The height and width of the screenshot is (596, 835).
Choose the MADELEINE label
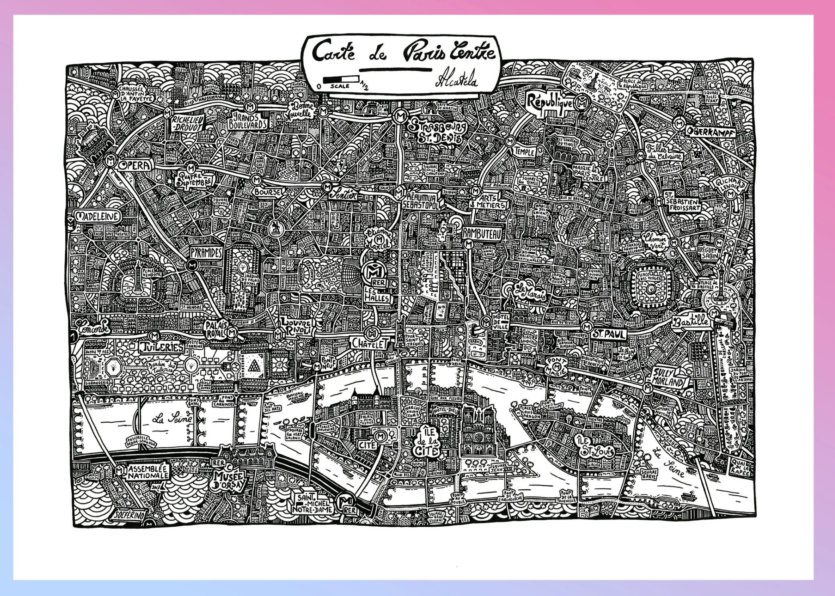(98, 217)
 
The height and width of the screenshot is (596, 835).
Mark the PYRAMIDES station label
(206, 252)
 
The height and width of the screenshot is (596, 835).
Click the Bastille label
(690, 322)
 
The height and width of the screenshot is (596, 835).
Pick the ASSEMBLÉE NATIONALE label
(147, 472)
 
